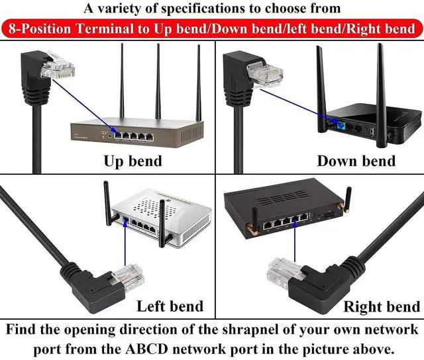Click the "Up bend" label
[132, 161]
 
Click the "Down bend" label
[356, 161]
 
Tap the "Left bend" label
[170, 306]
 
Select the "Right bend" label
[381, 306]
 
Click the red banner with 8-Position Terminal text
[212, 28]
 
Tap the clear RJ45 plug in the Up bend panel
[58, 65]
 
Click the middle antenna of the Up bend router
[158, 79]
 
